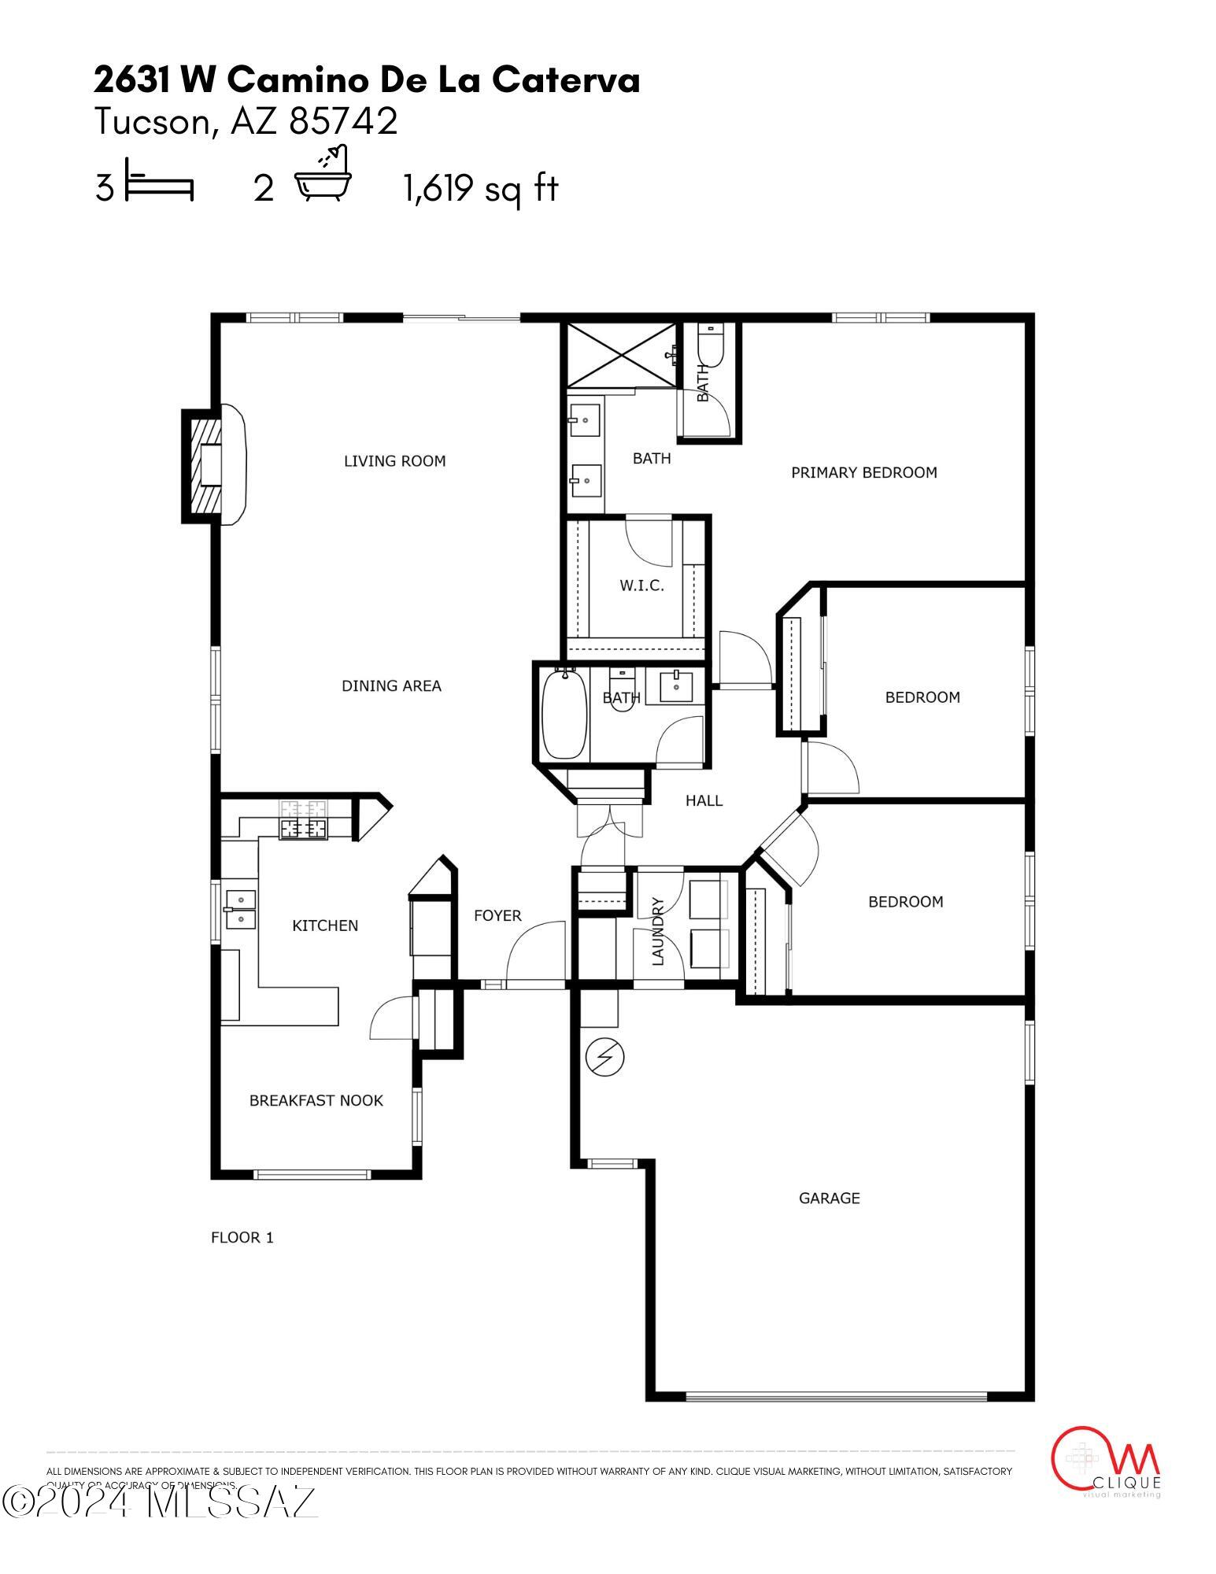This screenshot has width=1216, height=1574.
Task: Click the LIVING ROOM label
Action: (394, 461)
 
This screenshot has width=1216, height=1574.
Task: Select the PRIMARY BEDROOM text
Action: (863, 472)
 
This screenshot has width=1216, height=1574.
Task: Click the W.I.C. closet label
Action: (641, 586)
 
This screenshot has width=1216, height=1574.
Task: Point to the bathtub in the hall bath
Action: (564, 713)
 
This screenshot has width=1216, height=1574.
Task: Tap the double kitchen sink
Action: (240, 908)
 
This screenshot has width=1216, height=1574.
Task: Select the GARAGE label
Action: (829, 1198)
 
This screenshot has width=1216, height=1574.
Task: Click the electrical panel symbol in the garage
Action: (605, 1058)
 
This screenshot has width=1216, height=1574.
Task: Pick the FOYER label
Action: (497, 915)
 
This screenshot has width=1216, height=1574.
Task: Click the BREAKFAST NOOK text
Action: (316, 1100)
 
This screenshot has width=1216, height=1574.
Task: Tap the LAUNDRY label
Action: (659, 931)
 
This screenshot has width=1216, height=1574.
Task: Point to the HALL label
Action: (704, 800)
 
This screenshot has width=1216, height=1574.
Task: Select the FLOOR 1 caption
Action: (242, 1237)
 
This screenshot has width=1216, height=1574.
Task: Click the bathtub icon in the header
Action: (323, 175)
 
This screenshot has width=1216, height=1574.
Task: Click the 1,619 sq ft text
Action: (480, 189)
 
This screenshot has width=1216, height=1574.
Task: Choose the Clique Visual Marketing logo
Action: (1106, 1461)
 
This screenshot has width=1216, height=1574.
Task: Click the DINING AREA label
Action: (391, 685)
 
